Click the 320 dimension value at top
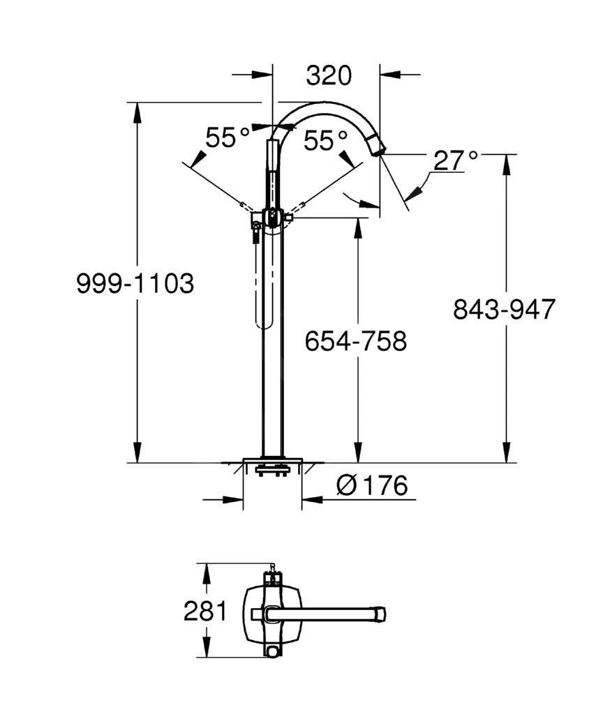(x=329, y=75)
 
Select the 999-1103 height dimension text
(x=135, y=284)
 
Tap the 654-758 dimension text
(x=355, y=341)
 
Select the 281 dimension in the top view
(x=205, y=612)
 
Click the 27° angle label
(x=455, y=160)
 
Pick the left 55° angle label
(x=228, y=138)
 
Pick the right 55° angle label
(x=326, y=141)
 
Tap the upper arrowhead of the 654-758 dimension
(x=359, y=225)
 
